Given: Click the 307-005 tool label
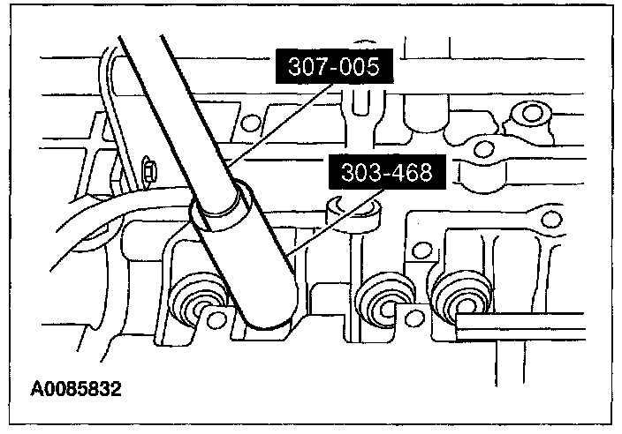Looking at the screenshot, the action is pyautogui.click(x=334, y=66).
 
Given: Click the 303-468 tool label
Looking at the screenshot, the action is pyautogui.click(x=387, y=172).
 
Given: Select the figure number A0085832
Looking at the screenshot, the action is pyautogui.click(x=76, y=389).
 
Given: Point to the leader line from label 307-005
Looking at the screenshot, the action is pyautogui.click(x=281, y=124).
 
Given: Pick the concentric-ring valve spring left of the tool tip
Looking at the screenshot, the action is pyautogui.click(x=195, y=298).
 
